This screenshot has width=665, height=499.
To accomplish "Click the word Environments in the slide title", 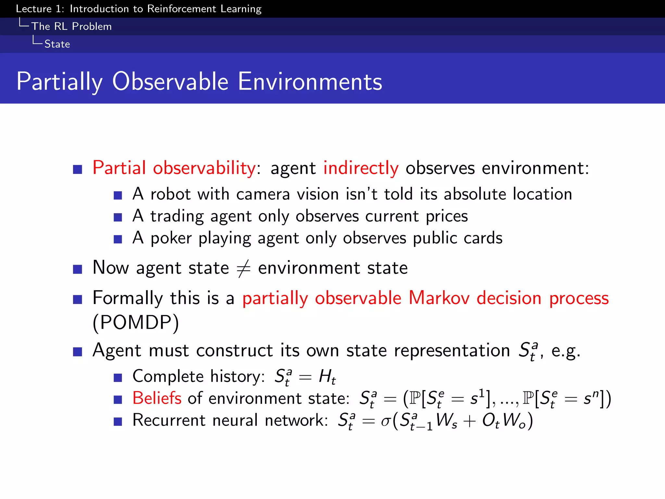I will tap(310, 81).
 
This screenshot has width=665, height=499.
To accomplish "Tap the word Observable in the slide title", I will tap(170, 81).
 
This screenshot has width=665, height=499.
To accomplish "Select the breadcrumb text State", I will tap(57, 44).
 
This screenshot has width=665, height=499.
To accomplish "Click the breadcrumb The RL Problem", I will tap(71, 26).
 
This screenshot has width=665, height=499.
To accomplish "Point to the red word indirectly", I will tap(361, 168).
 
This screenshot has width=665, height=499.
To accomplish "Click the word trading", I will tap(177, 216).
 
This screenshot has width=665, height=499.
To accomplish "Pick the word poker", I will tap(171, 238).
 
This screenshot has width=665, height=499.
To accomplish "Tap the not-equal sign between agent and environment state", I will tap(244, 269).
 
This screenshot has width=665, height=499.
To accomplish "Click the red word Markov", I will tap(439, 298).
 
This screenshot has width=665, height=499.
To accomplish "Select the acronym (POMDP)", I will tap(136, 323).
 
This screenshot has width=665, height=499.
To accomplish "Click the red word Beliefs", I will tap(157, 398).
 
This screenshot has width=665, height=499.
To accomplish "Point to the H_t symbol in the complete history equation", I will tap(327, 377).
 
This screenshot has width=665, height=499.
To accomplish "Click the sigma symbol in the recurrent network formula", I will tap(385, 421).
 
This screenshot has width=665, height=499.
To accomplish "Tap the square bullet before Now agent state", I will tap(78, 269).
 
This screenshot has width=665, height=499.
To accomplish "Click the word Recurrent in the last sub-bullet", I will tap(169, 420).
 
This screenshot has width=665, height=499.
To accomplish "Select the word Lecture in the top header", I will tap(34, 9).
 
